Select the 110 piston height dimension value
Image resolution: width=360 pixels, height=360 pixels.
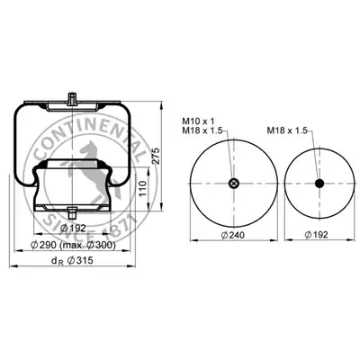coord(143,189)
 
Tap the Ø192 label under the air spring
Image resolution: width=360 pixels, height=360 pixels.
coord(73,229)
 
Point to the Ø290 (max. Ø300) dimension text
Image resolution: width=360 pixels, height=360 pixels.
coord(73,245)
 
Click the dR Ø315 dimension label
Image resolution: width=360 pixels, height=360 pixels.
coord(72,261)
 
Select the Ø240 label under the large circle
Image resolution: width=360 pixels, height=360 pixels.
coord(233,235)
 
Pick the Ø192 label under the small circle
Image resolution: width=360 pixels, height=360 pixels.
coord(317,235)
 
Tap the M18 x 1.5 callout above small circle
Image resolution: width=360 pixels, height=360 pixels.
coord(287,130)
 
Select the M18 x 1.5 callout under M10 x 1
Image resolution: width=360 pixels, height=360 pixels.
coord(202,130)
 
